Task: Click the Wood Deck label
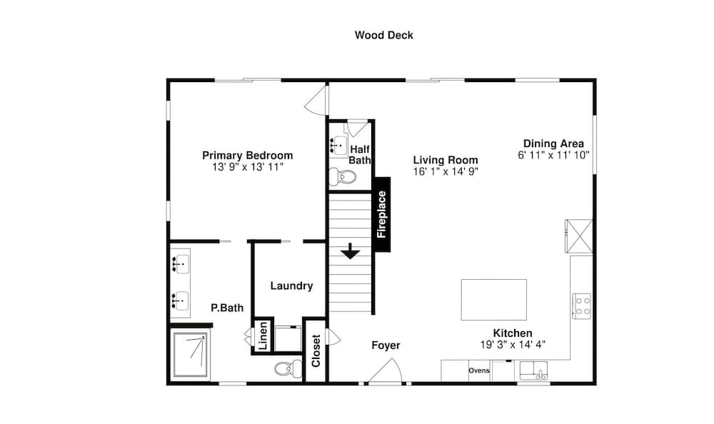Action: point(384,35)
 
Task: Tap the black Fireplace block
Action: point(383,214)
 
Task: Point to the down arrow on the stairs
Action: point(350,251)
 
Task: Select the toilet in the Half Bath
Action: point(342,177)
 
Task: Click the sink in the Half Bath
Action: point(338,146)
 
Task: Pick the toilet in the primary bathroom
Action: point(288,368)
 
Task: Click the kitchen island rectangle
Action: point(494,300)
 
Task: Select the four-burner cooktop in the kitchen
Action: point(581,306)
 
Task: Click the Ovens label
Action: point(479,370)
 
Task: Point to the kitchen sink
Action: point(533,370)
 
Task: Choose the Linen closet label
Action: point(263,336)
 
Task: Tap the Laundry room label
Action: point(291,286)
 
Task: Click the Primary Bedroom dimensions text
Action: point(248,167)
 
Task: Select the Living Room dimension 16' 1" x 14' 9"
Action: point(446,172)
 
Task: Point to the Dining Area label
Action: point(553,143)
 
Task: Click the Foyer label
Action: point(386,345)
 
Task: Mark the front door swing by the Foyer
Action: point(386,370)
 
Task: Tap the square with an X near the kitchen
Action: point(579,236)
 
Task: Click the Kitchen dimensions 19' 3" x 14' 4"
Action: point(513,345)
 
